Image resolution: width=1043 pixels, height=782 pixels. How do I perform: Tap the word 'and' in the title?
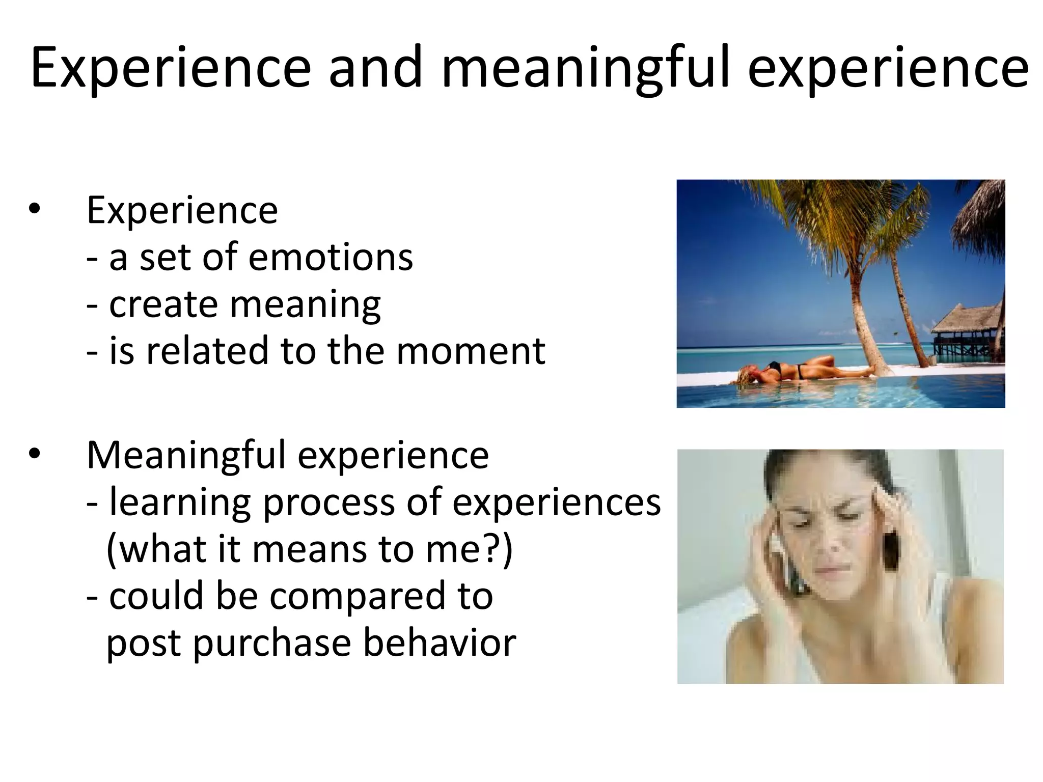pyautogui.click(x=375, y=69)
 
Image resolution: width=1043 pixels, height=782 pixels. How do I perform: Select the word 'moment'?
pyautogui.click(x=471, y=351)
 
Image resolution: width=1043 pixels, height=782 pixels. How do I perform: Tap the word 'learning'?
pyautogui.click(x=180, y=503)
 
